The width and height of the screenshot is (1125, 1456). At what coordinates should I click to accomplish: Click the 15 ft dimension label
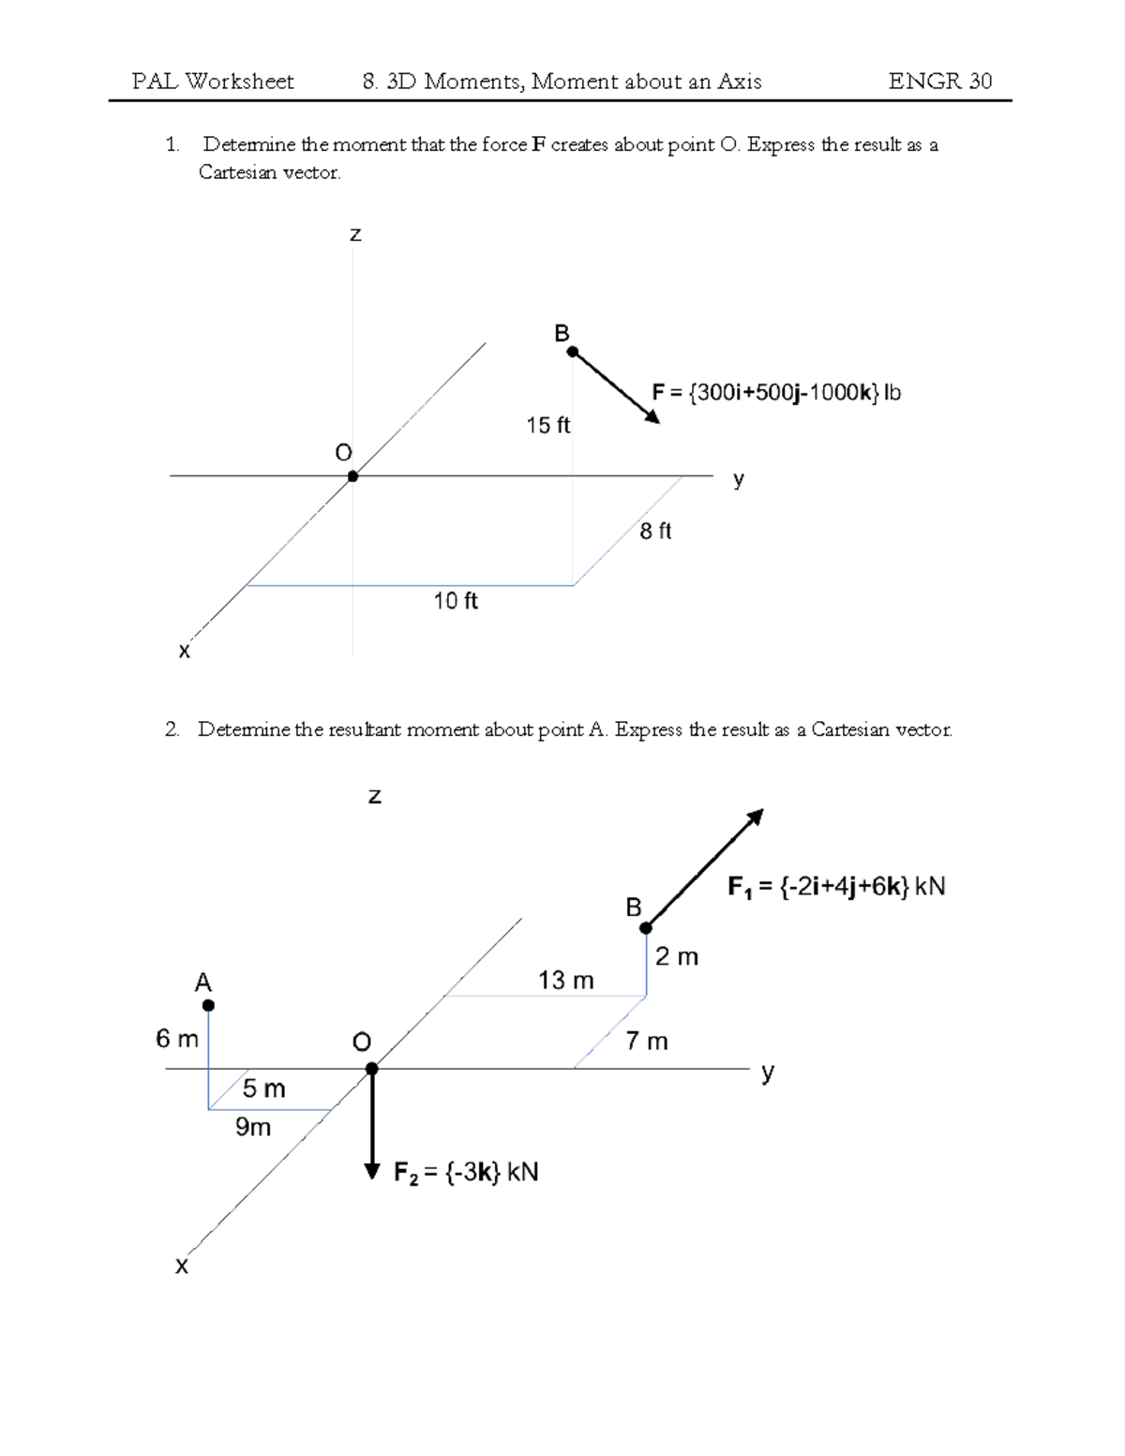point(547,426)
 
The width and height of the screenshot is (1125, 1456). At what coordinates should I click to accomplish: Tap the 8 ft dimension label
point(655,532)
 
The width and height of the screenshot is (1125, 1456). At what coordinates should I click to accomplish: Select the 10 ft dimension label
point(456,601)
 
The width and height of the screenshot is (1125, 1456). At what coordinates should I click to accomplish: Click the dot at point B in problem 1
point(573,353)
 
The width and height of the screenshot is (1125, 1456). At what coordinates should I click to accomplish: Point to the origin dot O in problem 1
point(352,476)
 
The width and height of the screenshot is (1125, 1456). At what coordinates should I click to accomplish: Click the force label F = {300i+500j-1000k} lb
point(776,393)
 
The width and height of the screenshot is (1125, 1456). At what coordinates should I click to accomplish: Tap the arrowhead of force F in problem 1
point(653,417)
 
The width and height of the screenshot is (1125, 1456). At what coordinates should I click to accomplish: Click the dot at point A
point(208,1005)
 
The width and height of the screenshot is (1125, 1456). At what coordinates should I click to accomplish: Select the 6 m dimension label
point(177,1039)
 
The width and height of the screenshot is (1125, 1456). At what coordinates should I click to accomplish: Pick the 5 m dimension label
point(263,1088)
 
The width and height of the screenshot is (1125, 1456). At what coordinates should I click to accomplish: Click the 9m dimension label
point(253,1127)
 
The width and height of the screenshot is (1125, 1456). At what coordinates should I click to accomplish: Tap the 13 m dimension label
point(565,981)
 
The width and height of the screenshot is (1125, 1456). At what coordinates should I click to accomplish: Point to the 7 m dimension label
point(647,1042)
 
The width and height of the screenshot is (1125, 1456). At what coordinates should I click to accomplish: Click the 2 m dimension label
point(677,957)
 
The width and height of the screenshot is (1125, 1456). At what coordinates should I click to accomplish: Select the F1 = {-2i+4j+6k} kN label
point(836,887)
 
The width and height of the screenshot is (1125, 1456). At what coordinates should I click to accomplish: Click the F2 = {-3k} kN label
point(466,1173)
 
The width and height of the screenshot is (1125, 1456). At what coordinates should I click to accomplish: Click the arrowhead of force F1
point(756,817)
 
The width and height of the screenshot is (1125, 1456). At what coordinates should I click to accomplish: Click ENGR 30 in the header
point(939,82)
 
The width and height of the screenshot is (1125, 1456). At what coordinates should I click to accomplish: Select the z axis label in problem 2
point(375,797)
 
